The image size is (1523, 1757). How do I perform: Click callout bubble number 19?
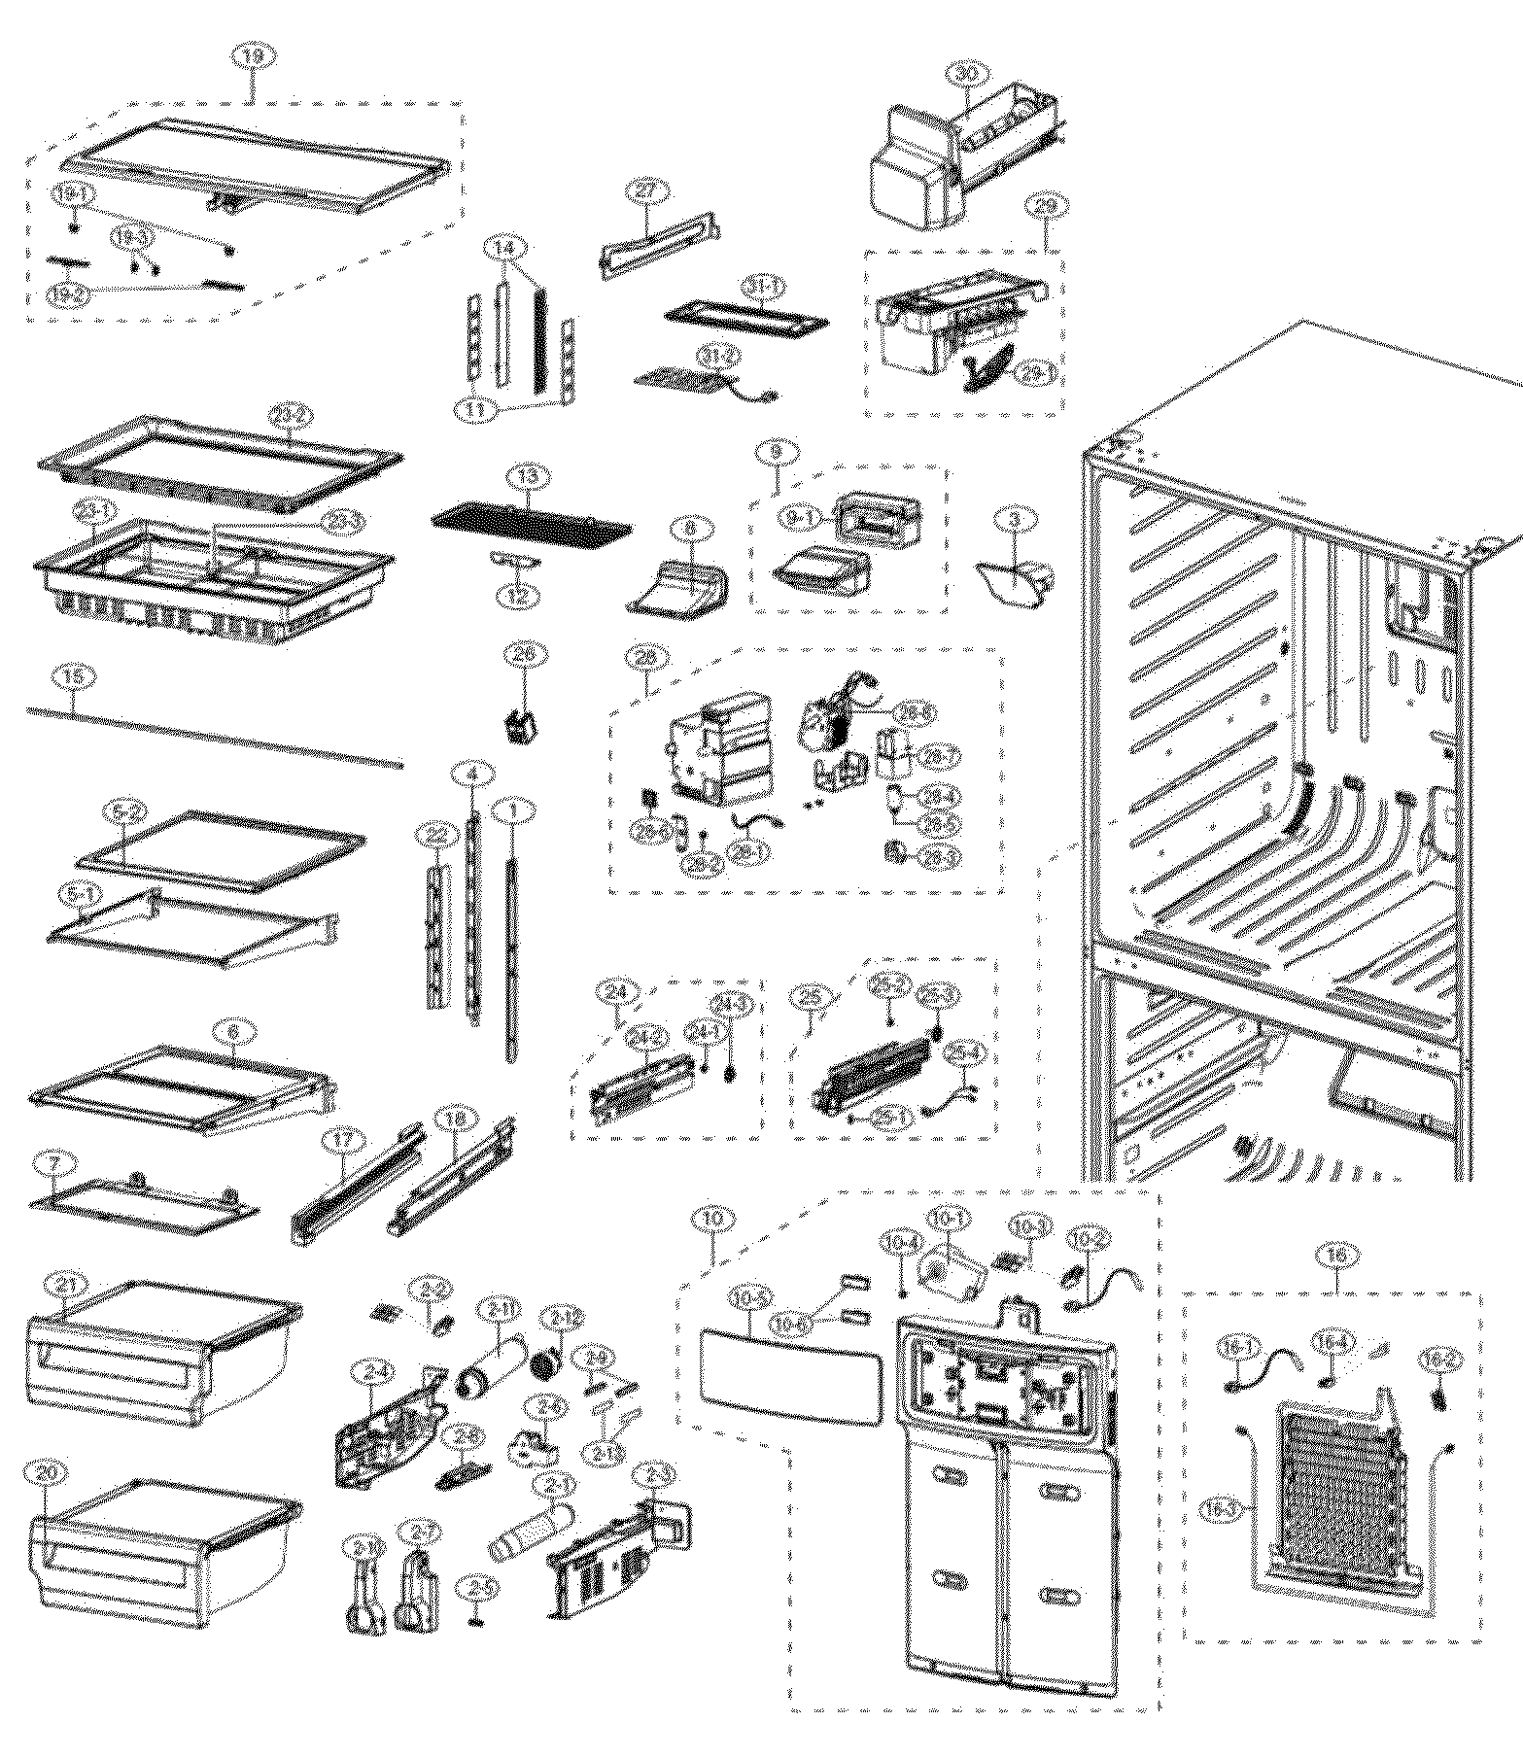[x=252, y=59]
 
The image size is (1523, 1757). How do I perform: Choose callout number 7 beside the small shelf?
[x=50, y=1162]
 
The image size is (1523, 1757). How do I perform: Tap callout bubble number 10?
[x=714, y=1217]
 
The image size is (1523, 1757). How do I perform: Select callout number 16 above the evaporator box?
[x=1336, y=1257]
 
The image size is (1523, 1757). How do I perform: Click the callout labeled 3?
[x=1016, y=520]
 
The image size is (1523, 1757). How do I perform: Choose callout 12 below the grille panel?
[x=516, y=595]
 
